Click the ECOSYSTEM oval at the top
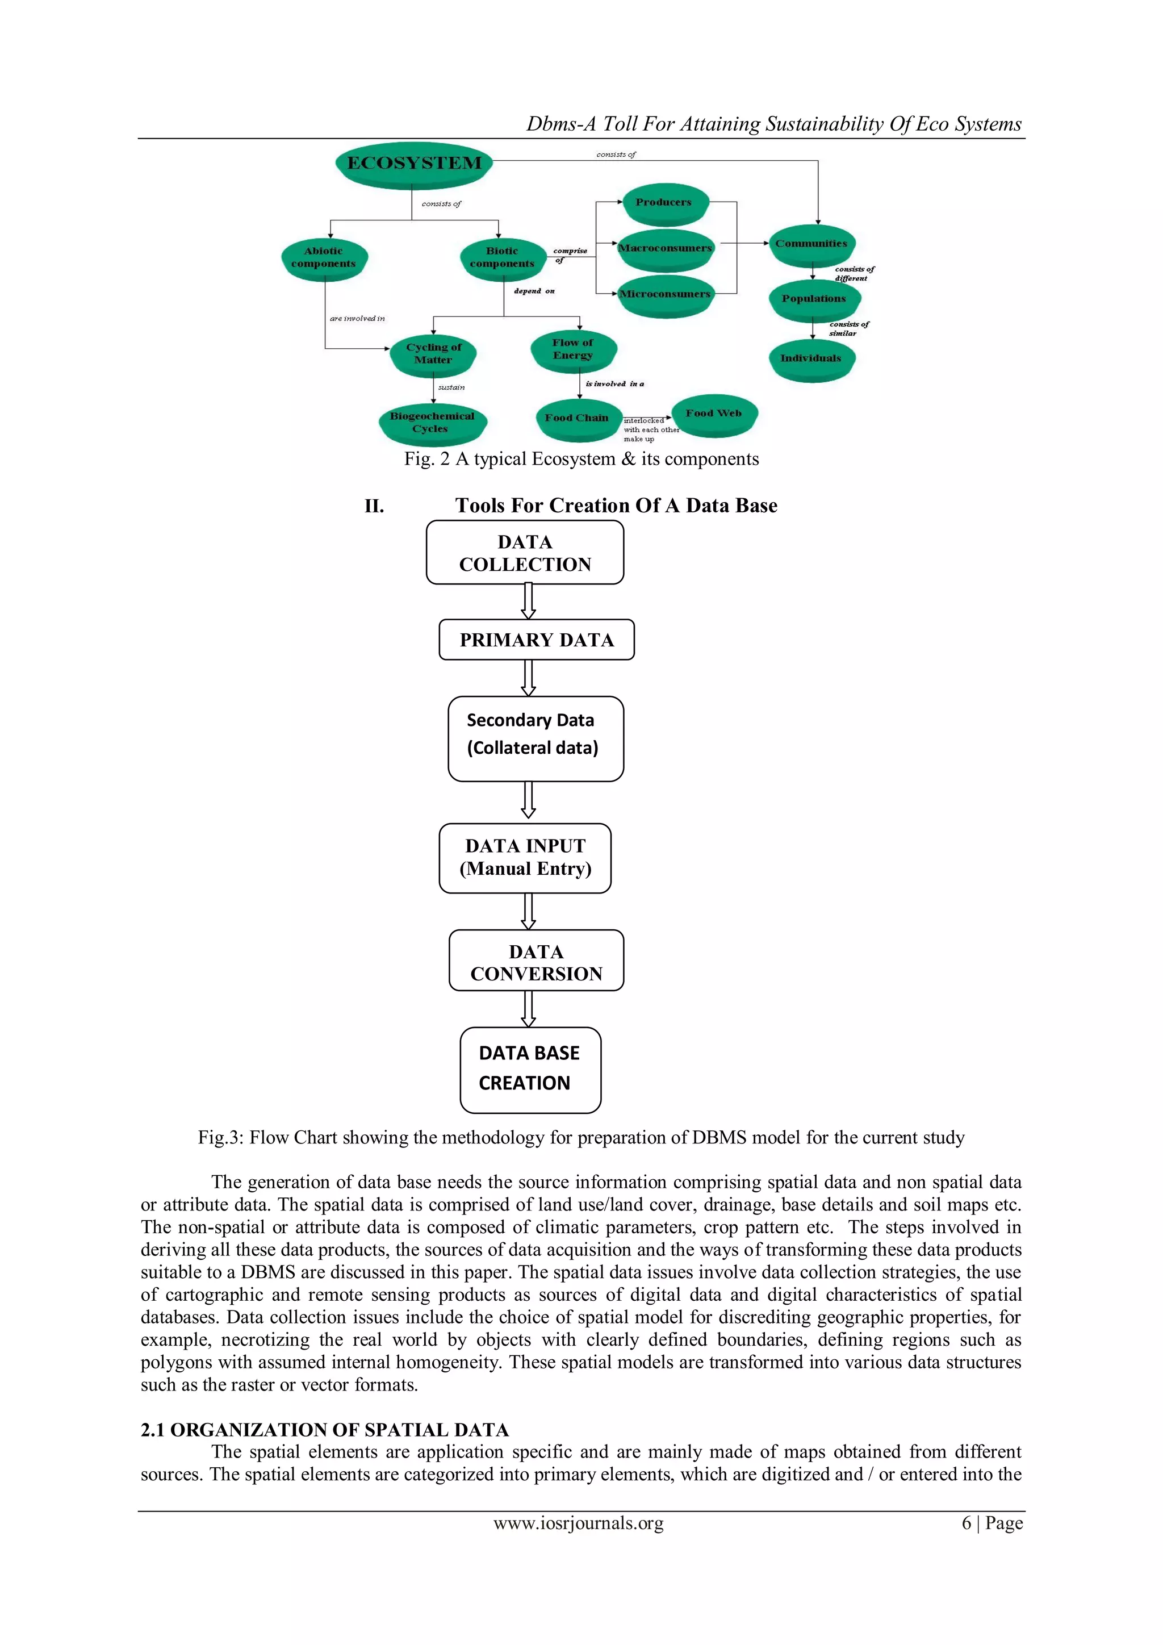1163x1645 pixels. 414,164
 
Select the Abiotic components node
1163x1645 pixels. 324,257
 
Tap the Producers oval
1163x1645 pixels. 664,203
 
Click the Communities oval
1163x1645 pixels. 811,244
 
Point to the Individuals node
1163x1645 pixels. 811,358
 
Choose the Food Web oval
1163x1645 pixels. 713,414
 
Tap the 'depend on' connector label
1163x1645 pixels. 534,291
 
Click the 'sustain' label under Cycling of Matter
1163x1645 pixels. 451,387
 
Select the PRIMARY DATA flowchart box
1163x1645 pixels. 537,640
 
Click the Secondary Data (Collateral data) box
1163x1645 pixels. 535,738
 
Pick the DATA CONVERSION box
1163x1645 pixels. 537,962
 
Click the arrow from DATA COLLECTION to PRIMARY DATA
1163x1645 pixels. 529,601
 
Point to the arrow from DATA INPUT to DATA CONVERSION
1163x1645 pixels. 529,911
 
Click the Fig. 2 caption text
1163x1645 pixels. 581,460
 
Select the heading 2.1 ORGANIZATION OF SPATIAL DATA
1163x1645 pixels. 324,1429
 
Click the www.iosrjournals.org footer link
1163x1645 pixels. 579,1523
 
